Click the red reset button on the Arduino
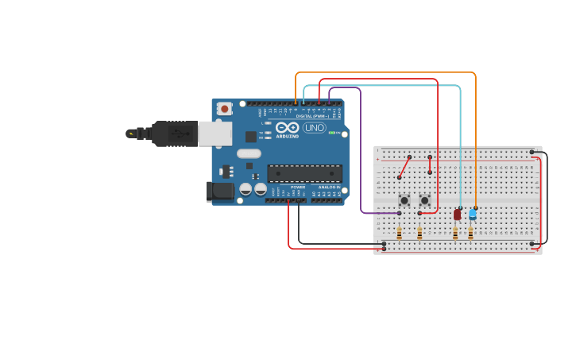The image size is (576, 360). [225, 108]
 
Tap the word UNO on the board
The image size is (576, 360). [314, 128]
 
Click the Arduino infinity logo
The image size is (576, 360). [288, 127]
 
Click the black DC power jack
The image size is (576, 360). [220, 191]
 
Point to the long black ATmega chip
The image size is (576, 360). [304, 173]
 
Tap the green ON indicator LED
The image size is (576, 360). [332, 133]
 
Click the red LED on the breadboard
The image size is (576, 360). [458, 214]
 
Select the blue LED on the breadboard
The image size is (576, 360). [473, 213]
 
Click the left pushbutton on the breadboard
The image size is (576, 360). [404, 200]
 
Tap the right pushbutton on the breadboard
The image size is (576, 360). [424, 200]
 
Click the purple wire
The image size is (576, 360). [361, 159]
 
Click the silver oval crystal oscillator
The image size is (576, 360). [248, 153]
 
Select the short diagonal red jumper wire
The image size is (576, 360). [404, 168]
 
